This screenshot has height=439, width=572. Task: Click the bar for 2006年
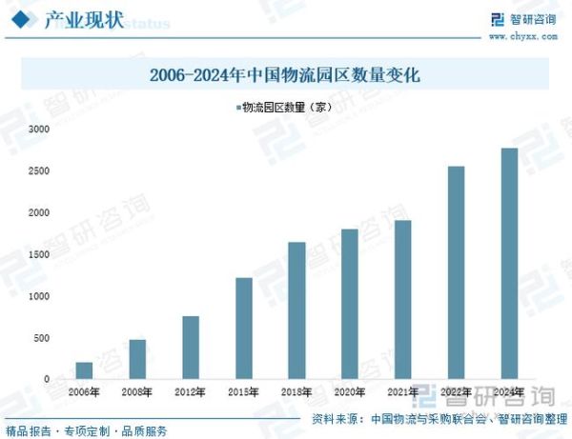click(x=85, y=370)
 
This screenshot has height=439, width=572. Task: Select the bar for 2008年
click(x=137, y=359)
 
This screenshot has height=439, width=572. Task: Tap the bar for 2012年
click(x=191, y=348)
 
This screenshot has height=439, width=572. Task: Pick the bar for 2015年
click(x=244, y=329)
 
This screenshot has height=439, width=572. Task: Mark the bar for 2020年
click(x=350, y=304)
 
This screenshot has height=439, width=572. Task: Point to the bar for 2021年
click(x=403, y=300)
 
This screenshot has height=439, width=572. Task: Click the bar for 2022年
click(x=456, y=272)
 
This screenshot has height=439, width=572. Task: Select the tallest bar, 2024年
click(x=509, y=264)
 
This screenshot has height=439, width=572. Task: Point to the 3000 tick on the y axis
click(x=38, y=129)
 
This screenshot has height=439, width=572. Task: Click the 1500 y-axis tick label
click(x=38, y=254)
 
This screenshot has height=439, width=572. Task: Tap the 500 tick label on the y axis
click(x=41, y=338)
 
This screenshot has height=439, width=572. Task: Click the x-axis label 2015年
click(x=244, y=391)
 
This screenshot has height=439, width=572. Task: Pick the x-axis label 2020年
click(x=350, y=391)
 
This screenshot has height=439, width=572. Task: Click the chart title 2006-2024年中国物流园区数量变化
click(x=285, y=74)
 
